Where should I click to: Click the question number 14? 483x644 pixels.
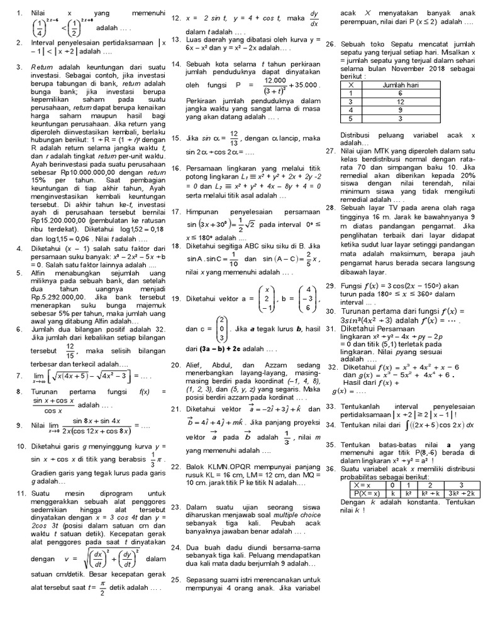pos(175,64)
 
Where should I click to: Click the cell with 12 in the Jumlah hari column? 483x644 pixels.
pos(400,101)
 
